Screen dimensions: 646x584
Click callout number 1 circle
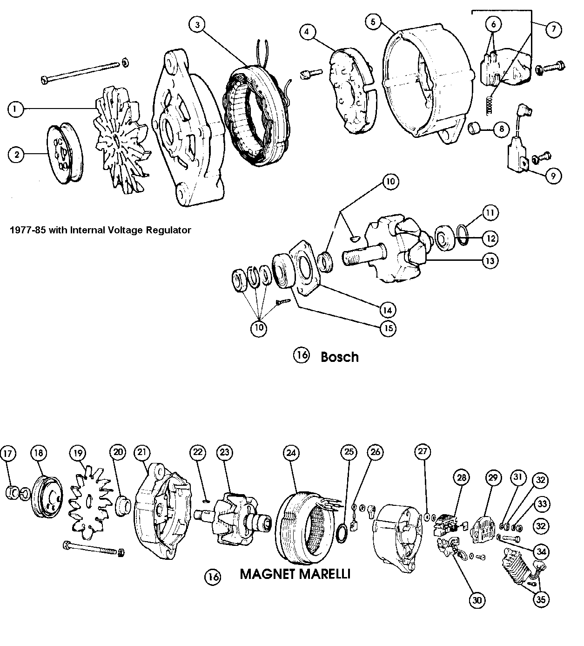pos(15,109)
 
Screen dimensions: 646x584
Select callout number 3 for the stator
pos(198,25)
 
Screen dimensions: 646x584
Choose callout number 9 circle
pos(553,176)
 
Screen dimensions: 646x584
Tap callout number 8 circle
pos(501,129)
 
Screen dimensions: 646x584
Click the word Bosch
pos(340,357)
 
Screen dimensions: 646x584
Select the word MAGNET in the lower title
pos(267,574)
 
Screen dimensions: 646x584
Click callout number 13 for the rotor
pos(490,260)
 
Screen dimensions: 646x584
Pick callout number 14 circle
pos(388,310)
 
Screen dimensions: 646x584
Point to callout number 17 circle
pos(8,453)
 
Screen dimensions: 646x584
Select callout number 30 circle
pos(477,600)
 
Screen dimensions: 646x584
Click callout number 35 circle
pos(540,599)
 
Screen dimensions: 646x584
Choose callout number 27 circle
pos(423,452)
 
